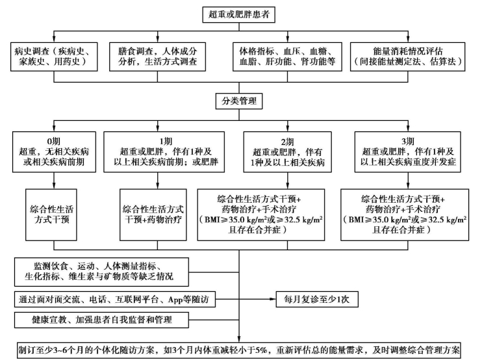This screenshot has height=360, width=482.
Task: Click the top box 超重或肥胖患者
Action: [240, 13]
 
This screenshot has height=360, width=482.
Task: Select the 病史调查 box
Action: [55, 57]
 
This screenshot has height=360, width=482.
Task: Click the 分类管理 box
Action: [240, 101]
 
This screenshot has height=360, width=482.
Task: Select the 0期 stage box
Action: [53, 151]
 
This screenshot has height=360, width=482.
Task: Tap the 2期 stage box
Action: [285, 151]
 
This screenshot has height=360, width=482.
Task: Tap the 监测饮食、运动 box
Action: [100, 272]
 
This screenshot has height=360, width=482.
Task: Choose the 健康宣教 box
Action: [100, 320]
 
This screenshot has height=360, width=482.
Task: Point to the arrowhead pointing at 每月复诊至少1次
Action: [268, 300]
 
